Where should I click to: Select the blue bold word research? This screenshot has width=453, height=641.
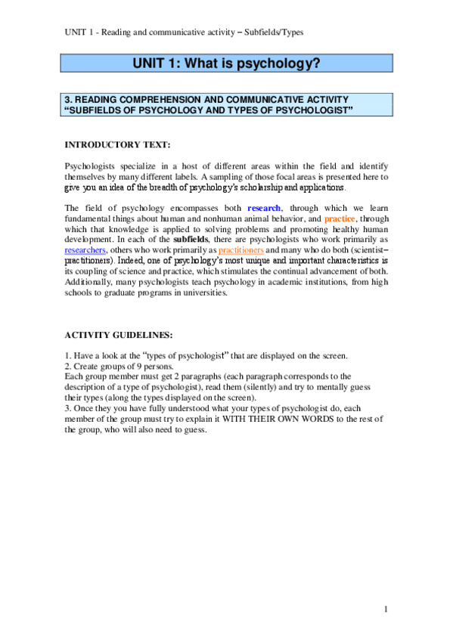[x=264, y=208]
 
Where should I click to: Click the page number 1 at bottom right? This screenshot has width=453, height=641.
[x=385, y=608]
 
